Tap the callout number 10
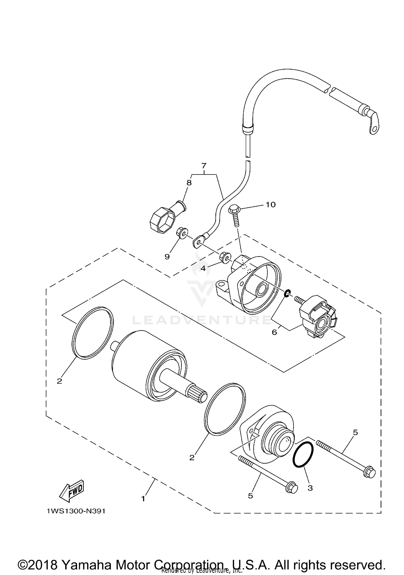point(270,205)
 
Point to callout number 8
point(189,183)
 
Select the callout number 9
point(167,257)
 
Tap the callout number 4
point(203,268)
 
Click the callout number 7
point(204,165)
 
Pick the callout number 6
point(274,332)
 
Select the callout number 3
point(310,488)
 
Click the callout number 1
point(143,499)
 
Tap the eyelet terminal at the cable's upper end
point(374,124)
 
